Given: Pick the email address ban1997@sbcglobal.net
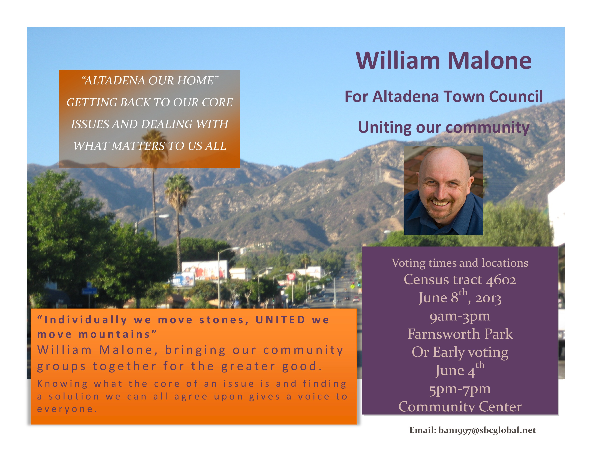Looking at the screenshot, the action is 487,430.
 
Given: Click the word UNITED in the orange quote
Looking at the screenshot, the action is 280,320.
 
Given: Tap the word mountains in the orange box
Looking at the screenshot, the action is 114,334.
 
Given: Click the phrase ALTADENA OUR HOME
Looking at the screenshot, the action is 150,80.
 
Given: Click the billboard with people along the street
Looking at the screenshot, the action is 204,270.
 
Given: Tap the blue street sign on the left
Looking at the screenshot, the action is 89,292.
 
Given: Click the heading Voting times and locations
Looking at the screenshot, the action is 460,263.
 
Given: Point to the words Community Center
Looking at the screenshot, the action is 460,407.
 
